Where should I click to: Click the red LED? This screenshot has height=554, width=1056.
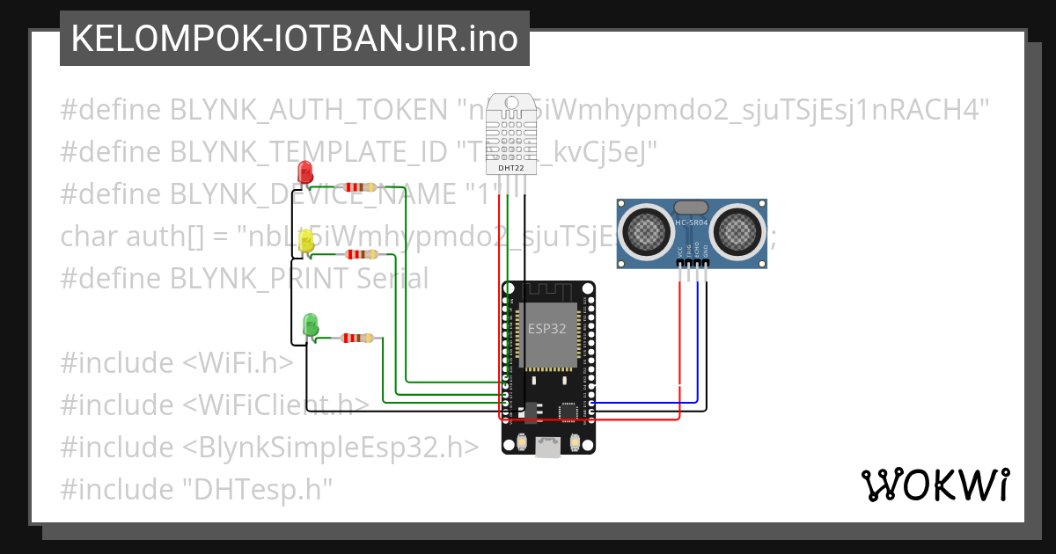coord(305,171)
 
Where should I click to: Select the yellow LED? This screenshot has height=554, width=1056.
coord(307,242)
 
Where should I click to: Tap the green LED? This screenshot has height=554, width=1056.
coord(310,324)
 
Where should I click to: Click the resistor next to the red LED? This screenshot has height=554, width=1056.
coord(359,186)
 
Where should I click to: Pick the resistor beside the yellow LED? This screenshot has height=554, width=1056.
coord(361,254)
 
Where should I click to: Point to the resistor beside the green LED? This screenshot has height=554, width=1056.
coord(357,338)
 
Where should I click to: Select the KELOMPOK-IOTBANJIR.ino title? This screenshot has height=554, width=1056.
coord(295,40)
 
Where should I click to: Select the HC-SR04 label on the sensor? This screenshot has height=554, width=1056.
coord(693,222)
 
